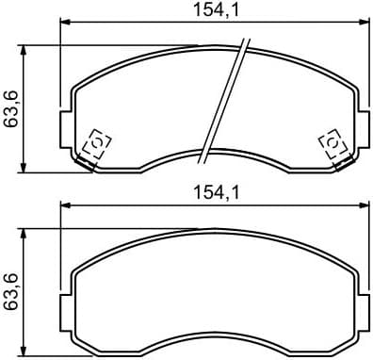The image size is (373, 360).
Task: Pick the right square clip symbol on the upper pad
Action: point(332,143)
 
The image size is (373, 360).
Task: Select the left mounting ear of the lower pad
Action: point(66,306)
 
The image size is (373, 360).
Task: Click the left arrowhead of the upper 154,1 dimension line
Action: point(64,21)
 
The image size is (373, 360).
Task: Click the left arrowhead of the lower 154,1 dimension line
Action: point(64,204)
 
